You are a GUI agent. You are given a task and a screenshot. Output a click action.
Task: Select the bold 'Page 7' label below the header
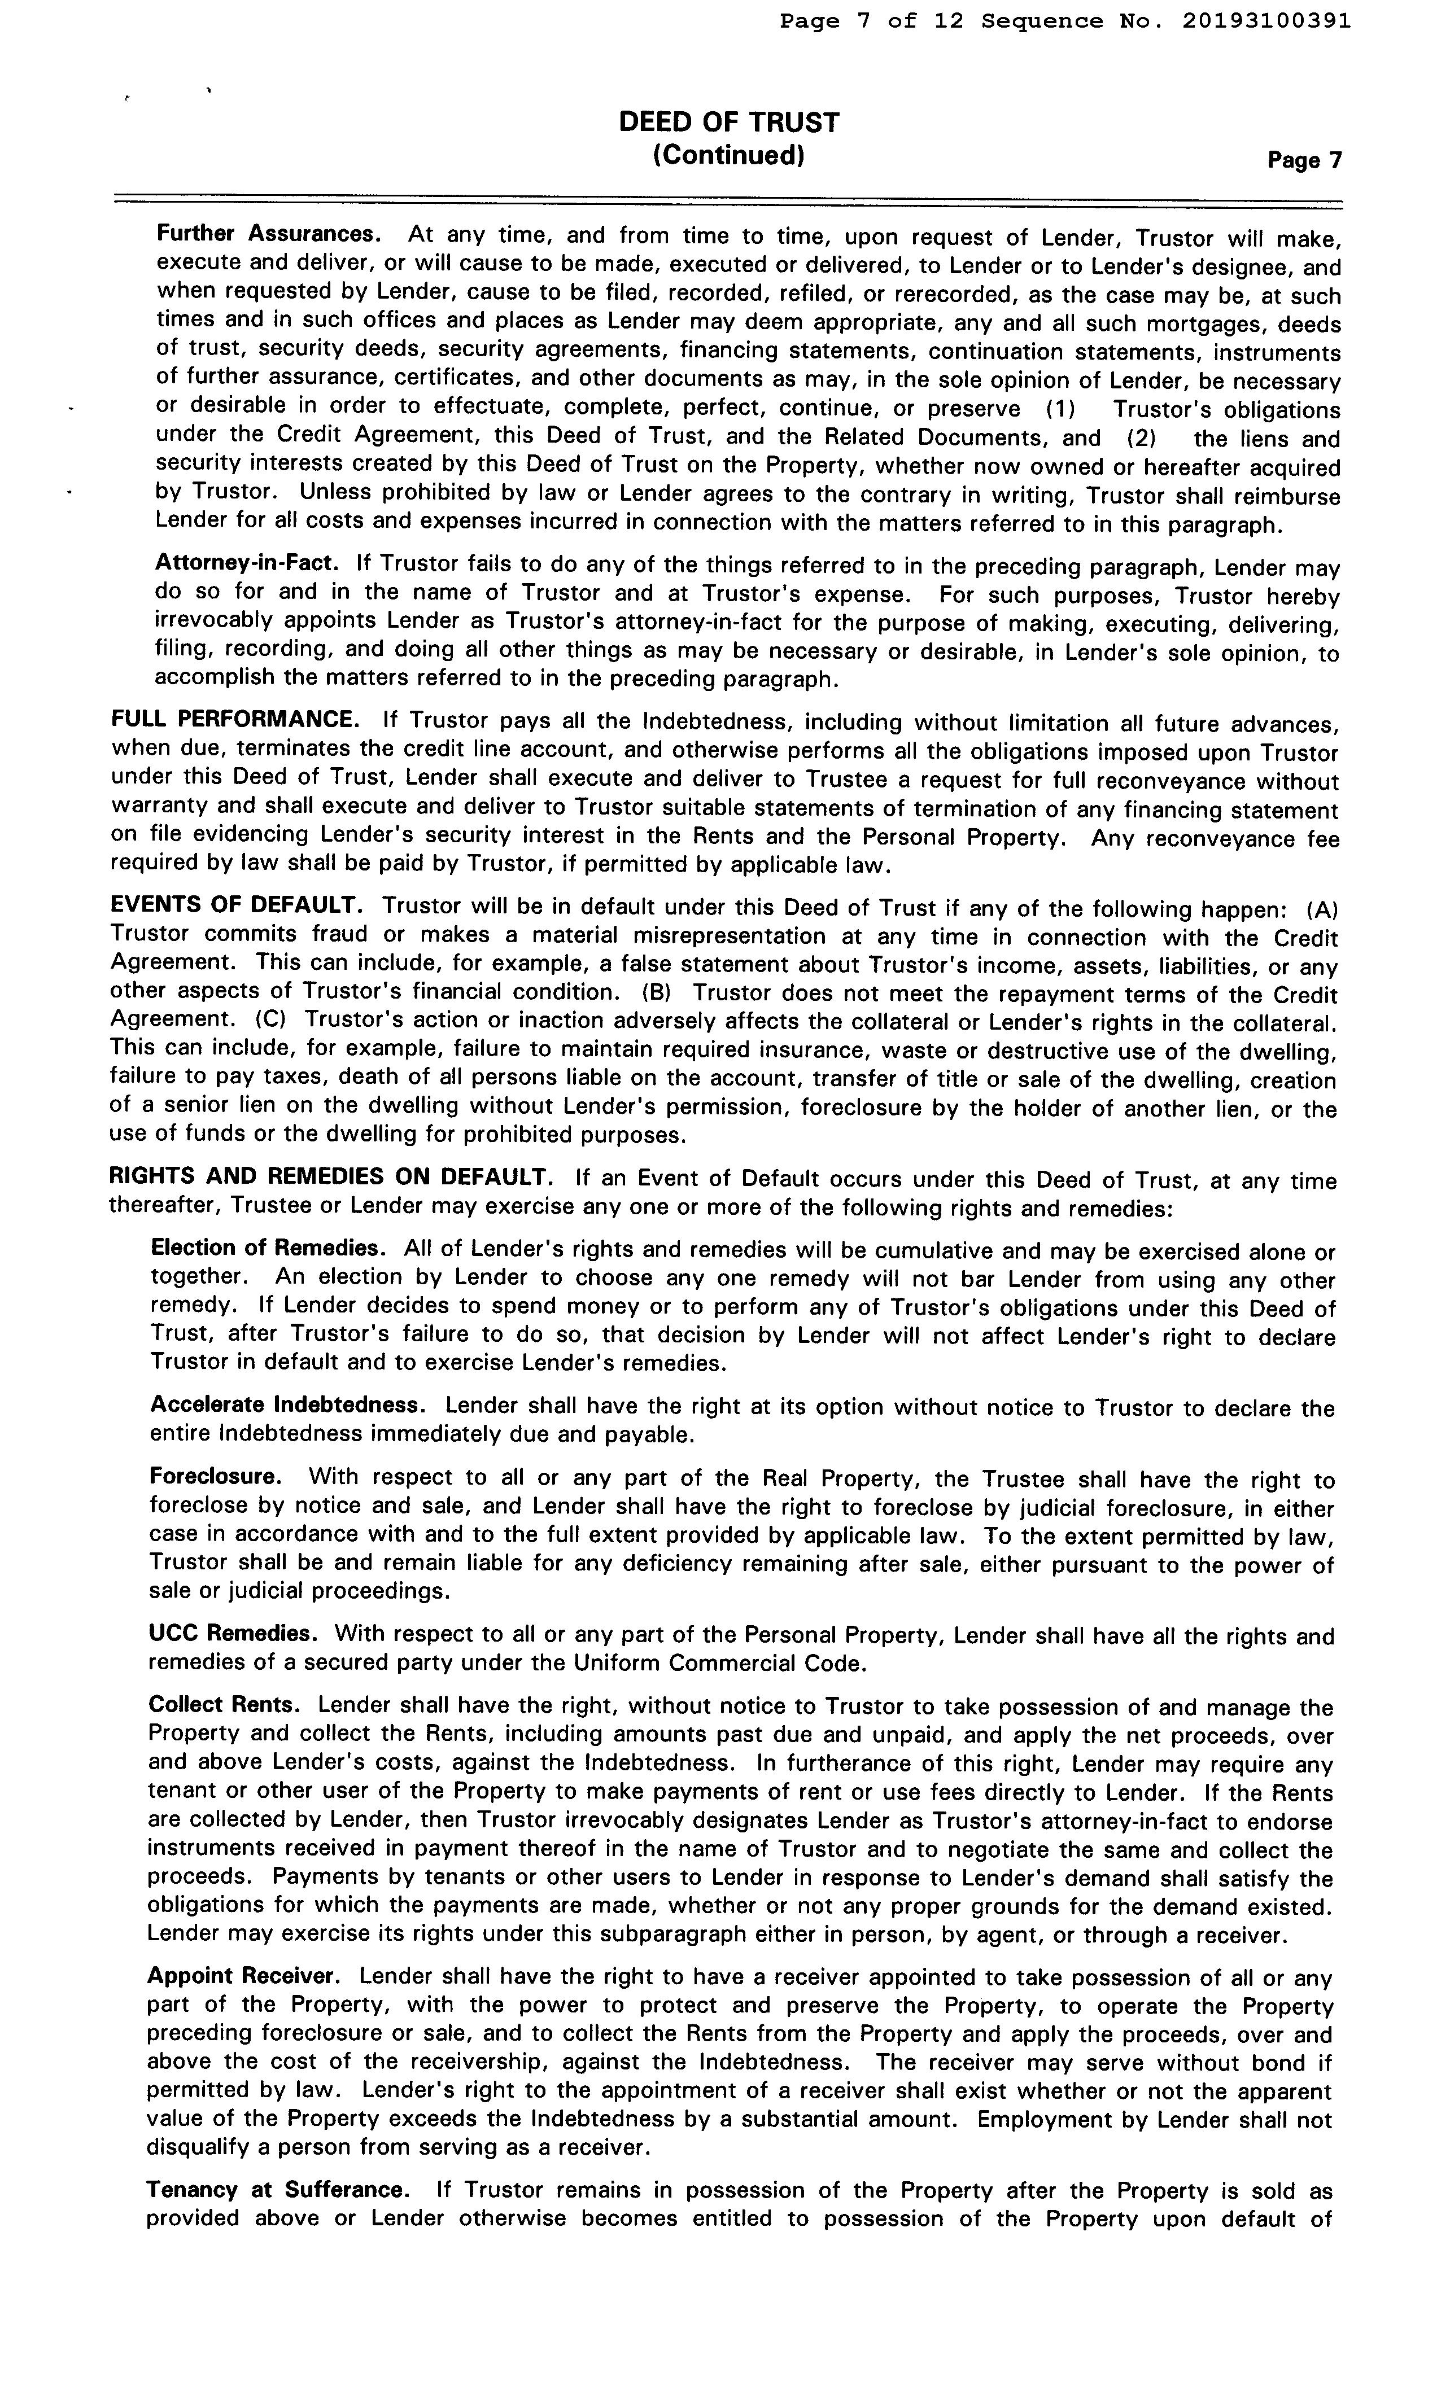tap(1304, 160)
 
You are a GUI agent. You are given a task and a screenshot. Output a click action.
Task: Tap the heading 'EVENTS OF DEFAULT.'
tap(237, 904)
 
